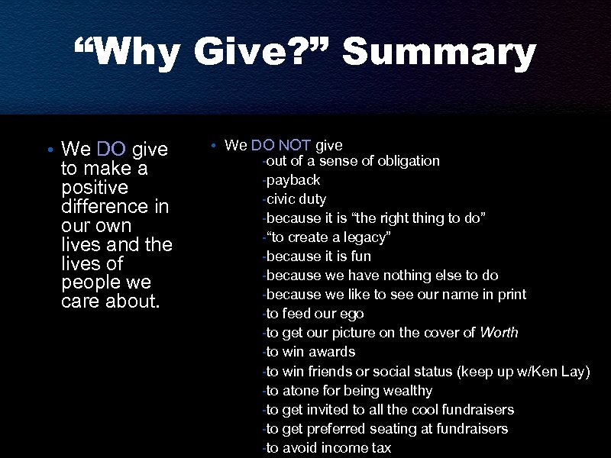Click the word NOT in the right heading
coord(294,145)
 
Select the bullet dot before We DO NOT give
coord(216,145)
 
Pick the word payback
coord(293,180)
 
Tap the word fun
coord(360,256)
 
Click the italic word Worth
coord(499,333)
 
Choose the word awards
coord(331,352)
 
